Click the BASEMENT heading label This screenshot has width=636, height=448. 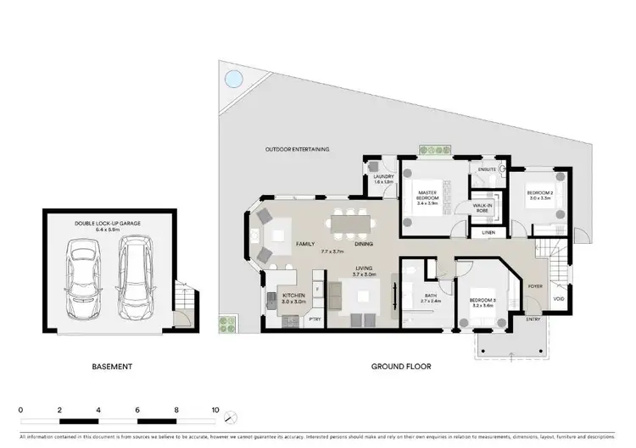click(111, 367)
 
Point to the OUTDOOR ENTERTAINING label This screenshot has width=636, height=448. click(297, 149)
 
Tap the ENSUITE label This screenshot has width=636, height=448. click(486, 169)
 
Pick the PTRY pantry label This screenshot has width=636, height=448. click(314, 319)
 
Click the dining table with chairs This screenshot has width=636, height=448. click(352, 223)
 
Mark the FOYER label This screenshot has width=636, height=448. click(535, 285)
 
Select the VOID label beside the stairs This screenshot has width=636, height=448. click(558, 298)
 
